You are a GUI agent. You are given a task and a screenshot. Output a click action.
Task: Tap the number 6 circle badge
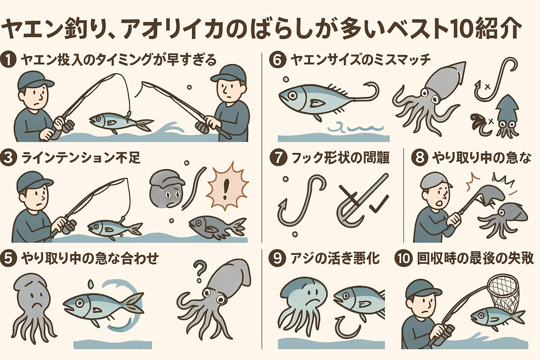click(x=277, y=60)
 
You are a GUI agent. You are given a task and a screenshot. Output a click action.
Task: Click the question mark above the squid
click(x=199, y=272)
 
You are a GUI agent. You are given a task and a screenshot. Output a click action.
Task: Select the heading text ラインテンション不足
click(x=81, y=159)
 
